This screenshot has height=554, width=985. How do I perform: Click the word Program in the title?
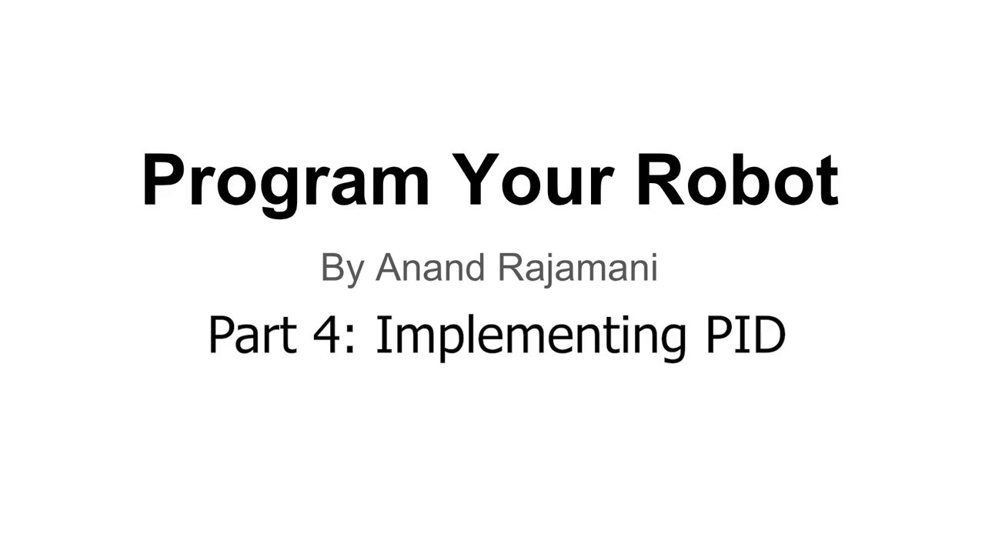[x=285, y=181]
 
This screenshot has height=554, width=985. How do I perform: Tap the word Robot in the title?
[x=736, y=181]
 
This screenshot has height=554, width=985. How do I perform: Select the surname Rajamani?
[x=577, y=269]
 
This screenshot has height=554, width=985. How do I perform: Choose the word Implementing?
[x=530, y=336]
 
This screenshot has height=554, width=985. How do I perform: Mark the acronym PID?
[x=745, y=335]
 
